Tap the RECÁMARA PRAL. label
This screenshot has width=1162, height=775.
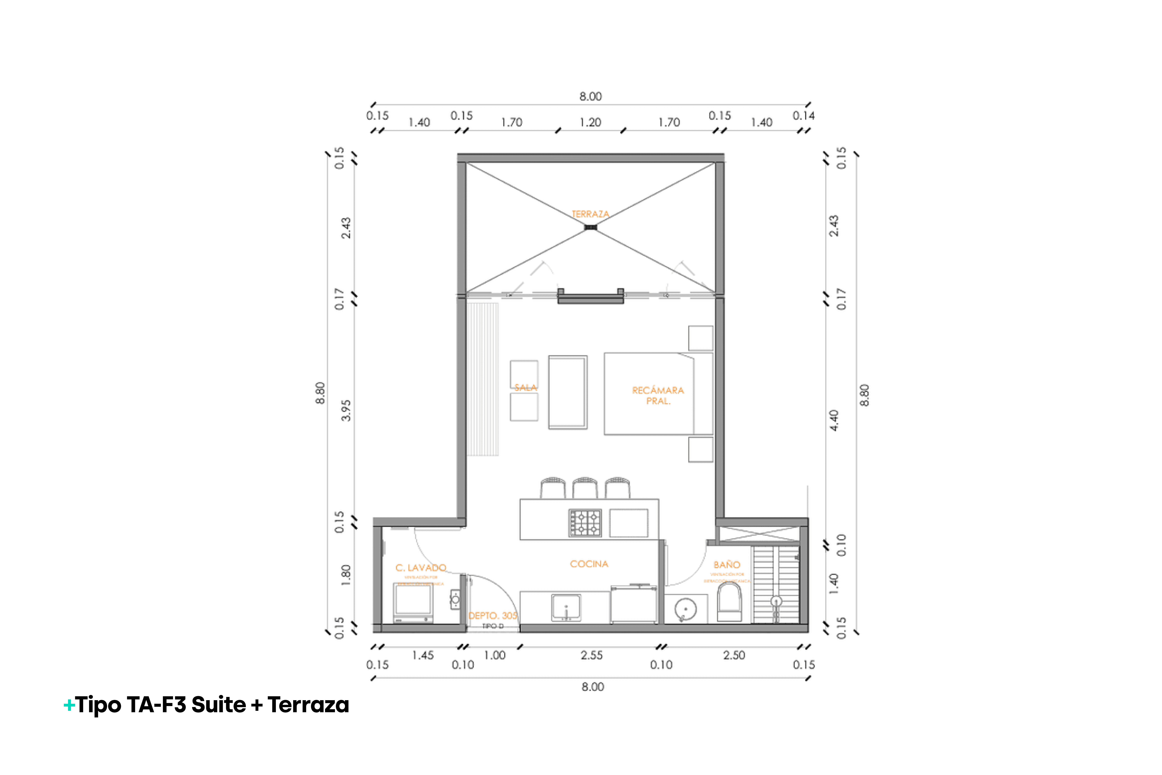[658, 395]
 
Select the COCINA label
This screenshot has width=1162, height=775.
[589, 564]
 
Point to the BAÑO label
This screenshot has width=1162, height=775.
[726, 564]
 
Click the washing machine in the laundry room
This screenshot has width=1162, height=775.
[413, 602]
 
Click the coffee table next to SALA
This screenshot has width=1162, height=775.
[568, 392]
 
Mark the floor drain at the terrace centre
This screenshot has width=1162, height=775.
[590, 227]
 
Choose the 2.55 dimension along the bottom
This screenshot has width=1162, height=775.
[591, 655]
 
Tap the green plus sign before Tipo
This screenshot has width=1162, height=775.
[69, 705]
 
